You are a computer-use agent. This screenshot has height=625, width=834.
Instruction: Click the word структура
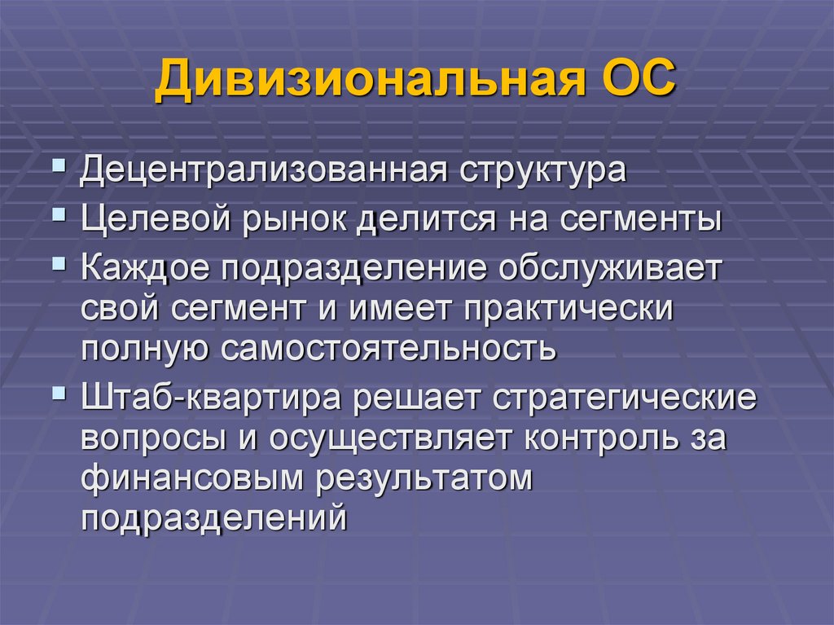tap(533, 173)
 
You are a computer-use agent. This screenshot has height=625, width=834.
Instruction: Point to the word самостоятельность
tap(387, 350)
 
